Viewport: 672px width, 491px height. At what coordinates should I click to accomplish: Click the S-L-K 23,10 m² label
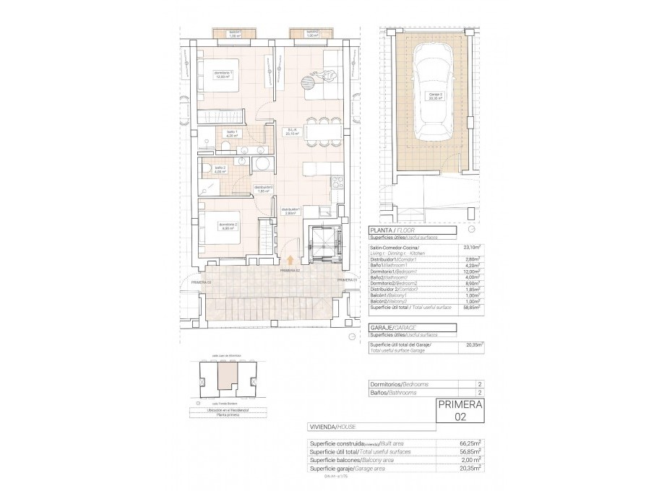tap(291, 131)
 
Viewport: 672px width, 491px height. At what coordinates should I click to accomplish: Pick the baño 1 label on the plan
tap(232, 133)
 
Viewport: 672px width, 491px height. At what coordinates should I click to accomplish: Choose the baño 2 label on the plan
tap(220, 170)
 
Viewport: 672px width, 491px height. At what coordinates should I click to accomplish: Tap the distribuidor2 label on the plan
tap(262, 189)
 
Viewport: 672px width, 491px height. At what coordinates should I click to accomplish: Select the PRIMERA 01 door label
tap(347, 279)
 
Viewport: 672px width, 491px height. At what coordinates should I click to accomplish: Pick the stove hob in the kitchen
tap(335, 184)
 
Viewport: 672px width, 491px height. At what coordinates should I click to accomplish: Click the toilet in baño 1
tap(227, 147)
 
